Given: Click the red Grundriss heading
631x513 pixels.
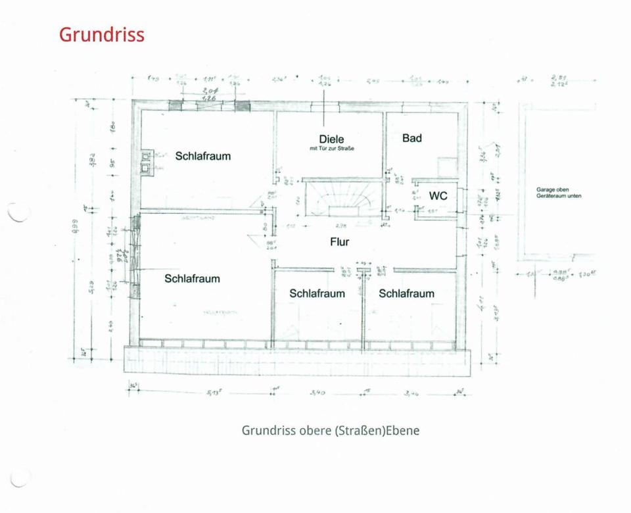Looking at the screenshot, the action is point(101,34).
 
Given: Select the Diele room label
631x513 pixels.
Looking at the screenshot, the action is point(331,139).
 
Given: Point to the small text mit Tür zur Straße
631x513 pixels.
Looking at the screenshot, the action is point(332,149).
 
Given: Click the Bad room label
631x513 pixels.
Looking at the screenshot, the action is point(411,138).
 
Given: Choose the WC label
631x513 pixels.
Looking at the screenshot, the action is point(438,196).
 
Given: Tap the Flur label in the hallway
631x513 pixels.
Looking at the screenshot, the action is point(339,242).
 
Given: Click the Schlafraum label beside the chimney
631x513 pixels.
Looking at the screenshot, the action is point(202,157).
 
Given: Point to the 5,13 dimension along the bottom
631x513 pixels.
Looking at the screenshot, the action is point(212,393).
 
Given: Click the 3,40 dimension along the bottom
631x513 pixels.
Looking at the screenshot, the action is point(317,393).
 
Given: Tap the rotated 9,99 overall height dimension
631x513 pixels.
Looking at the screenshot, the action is point(75,227).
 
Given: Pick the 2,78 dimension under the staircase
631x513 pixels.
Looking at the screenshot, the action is point(340,225).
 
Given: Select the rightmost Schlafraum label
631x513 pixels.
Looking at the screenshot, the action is point(406,293).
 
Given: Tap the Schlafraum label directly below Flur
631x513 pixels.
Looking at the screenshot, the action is point(317,293).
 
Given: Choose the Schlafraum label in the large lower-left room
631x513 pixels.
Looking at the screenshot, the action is point(192,279).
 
